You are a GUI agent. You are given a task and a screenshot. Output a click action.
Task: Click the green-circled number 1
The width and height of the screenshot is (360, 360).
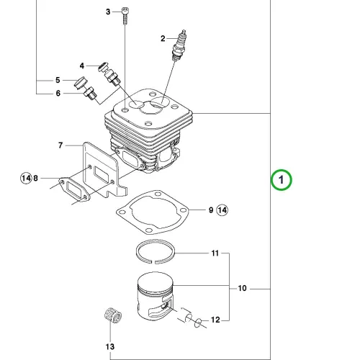pyautogui.click(x=282, y=180)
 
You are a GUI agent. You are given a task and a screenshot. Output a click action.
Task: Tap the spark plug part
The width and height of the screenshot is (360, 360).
pyautogui.click(x=179, y=45)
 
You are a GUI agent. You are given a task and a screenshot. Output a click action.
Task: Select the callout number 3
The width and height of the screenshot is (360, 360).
pyautogui.click(x=108, y=12)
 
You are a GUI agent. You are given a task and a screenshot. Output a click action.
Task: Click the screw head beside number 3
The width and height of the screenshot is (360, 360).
pyautogui.click(x=125, y=11)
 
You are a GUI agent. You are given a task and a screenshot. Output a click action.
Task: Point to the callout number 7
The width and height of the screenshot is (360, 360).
pyautogui.click(x=60, y=145)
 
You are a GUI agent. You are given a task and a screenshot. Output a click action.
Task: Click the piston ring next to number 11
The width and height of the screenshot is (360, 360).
pyautogui.click(x=156, y=251)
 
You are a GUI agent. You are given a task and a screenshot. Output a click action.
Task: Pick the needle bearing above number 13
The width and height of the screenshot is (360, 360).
pyautogui.click(x=113, y=315)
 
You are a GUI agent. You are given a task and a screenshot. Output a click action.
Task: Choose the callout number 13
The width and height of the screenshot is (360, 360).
pyautogui.click(x=110, y=346)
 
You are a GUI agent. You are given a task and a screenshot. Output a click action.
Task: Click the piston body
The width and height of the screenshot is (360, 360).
pyautogui.click(x=155, y=297)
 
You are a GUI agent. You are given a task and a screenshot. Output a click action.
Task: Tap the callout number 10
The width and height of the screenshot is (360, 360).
pyautogui.click(x=242, y=288)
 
